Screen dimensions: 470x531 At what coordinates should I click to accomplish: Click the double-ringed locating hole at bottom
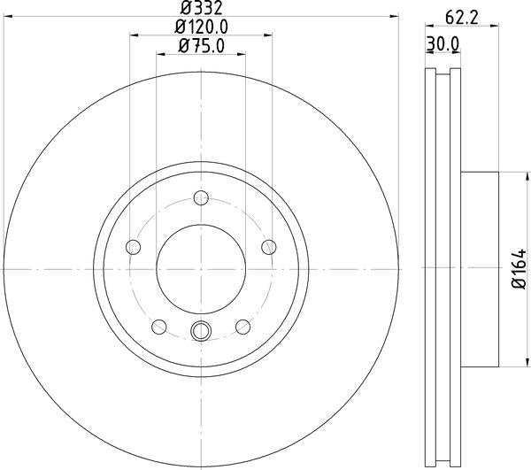(x=201, y=333)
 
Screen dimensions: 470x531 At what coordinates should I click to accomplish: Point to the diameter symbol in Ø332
(x=185, y=11)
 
